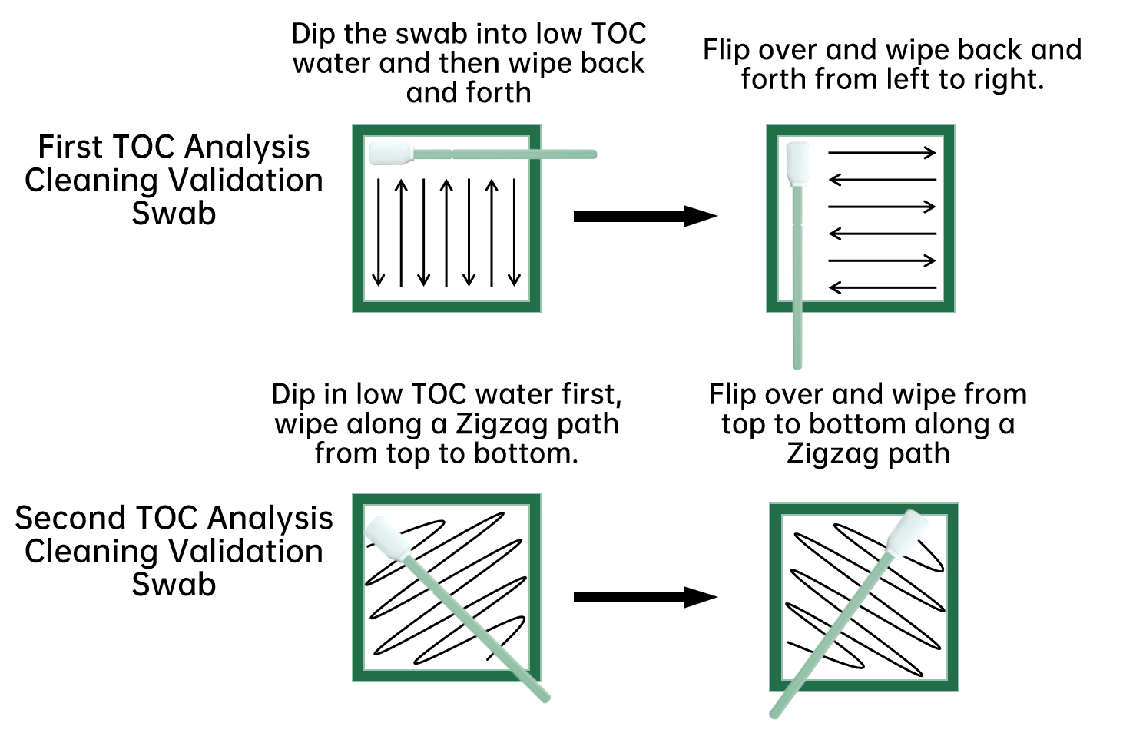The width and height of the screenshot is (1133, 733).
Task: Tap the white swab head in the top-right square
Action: pos(798,163)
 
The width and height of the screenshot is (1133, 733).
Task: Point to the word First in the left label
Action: pos(71,147)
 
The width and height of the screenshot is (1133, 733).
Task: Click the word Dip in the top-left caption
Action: pos(313,35)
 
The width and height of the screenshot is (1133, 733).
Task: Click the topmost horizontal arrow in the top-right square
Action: pos(882,152)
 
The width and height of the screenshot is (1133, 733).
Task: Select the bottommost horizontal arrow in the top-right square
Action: pos(882,288)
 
